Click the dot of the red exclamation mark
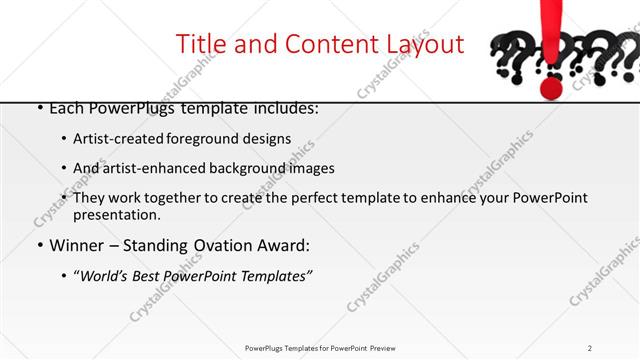(550, 87)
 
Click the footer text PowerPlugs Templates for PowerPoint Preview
(319, 347)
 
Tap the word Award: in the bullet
(286, 245)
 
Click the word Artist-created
(117, 139)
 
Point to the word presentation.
(116, 214)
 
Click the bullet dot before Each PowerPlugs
(39, 107)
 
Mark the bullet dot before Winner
(39, 245)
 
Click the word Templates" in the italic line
(276, 275)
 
